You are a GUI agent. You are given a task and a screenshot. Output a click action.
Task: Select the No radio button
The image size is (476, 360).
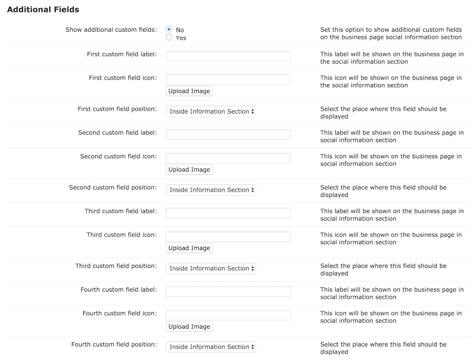click(x=169, y=30)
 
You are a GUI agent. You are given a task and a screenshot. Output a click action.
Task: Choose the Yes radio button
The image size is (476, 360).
click(x=169, y=38)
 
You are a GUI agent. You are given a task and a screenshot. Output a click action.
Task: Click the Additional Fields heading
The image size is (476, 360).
click(x=43, y=10)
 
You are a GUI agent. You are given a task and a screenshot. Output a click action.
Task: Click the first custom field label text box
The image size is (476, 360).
click(x=228, y=56)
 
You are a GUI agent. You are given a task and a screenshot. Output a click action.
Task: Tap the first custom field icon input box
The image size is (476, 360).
click(x=228, y=79)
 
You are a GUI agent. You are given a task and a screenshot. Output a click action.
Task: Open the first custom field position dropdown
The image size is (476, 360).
click(x=211, y=112)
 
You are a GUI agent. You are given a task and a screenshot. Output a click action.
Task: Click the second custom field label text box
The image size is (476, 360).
click(x=228, y=135)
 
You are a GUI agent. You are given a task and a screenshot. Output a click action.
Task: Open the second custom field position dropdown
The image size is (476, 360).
click(x=211, y=190)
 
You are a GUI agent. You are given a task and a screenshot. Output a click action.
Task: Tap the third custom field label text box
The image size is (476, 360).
click(x=228, y=213)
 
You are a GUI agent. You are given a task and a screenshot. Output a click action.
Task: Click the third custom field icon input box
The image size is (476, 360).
click(x=228, y=237)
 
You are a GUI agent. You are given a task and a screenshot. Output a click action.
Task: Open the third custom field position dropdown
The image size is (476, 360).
click(x=211, y=269)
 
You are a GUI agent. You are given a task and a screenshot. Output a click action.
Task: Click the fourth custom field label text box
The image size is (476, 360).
click(x=228, y=292)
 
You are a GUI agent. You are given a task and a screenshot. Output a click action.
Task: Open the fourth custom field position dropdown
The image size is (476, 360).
click(x=211, y=347)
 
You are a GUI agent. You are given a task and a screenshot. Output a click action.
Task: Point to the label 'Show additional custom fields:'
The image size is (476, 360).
click(x=111, y=30)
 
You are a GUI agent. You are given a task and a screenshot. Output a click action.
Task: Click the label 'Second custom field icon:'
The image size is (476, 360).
click(x=118, y=156)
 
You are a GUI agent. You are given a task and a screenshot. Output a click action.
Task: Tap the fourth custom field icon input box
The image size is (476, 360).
click(x=228, y=315)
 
